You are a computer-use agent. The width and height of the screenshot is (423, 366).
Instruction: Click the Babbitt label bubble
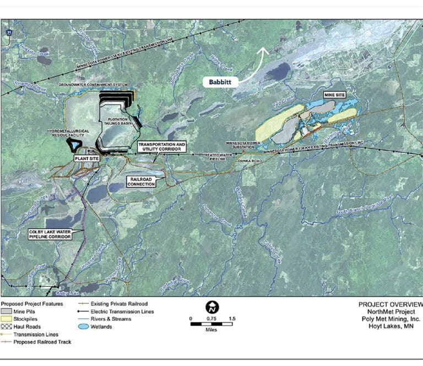(x=220, y=82)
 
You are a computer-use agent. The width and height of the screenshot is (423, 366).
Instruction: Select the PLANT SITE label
(x=87, y=158)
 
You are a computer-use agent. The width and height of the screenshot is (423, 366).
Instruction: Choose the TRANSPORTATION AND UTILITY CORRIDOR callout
(x=162, y=146)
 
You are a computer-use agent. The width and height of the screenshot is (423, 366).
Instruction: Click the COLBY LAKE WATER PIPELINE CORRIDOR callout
(x=55, y=235)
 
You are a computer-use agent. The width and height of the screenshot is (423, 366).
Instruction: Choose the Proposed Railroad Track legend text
(x=42, y=342)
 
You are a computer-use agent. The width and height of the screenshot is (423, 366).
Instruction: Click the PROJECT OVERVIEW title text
(x=391, y=304)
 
